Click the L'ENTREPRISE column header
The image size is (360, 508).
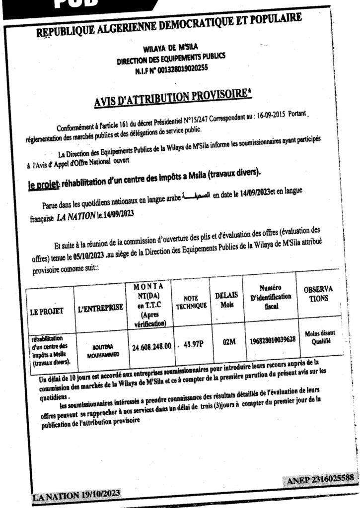(x=100, y=309)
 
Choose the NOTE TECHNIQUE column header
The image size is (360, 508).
(x=191, y=303)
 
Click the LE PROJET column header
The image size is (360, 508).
(x=47, y=312)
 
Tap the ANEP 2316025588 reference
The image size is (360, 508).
(x=320, y=478)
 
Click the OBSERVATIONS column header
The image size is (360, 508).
(x=318, y=294)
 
